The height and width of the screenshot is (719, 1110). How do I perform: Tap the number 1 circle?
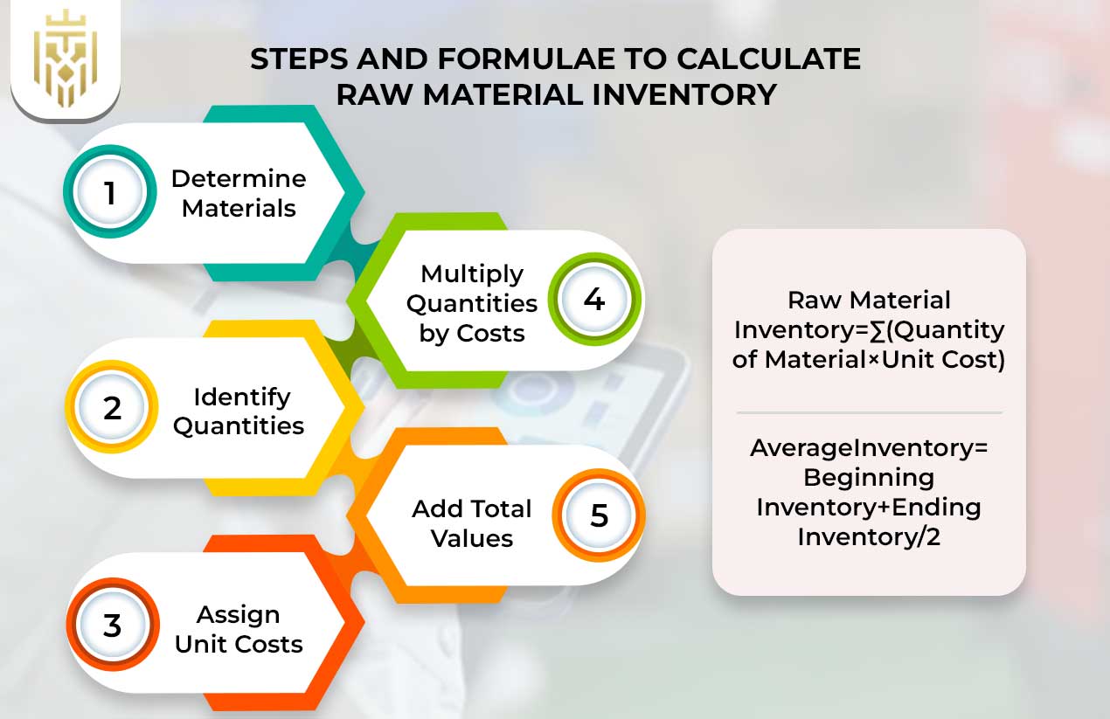[110, 192]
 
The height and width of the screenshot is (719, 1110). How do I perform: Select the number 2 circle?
[112, 408]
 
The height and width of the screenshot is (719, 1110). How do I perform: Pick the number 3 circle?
[112, 626]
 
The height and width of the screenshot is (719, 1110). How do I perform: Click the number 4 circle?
[594, 300]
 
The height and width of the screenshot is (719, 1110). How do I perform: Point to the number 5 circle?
[599, 515]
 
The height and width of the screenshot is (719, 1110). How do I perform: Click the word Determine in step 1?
[239, 179]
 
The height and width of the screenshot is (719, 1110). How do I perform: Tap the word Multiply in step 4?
[472, 273]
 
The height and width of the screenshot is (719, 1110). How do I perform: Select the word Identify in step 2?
[242, 397]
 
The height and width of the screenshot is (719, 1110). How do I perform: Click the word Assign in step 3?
[238, 614]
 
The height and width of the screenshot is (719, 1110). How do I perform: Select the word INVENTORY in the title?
[682, 93]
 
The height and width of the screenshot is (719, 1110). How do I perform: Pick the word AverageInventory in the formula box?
[869, 448]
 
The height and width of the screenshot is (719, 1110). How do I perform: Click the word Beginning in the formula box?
[869, 478]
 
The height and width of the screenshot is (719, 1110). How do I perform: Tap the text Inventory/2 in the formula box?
[869, 536]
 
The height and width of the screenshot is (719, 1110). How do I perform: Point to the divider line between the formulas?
[869, 412]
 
